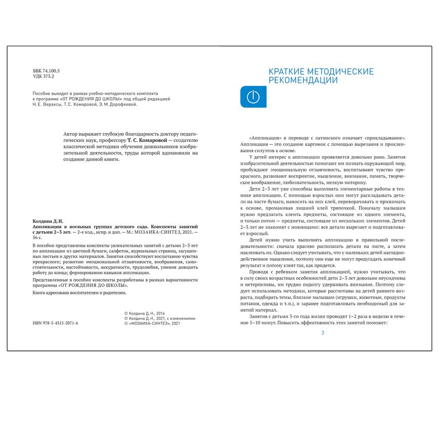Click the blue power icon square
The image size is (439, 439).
pos(253,97)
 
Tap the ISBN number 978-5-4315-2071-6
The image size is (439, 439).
pos(55,323)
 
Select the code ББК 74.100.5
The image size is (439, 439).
pos(46,71)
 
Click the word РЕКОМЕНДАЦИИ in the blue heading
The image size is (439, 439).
pos(303,81)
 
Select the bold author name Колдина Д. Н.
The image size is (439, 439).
pos(48,221)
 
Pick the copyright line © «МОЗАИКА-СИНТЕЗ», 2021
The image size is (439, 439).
pos(153,323)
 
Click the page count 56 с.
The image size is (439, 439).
pos(38,238)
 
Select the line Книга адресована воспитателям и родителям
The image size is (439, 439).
pos(79,293)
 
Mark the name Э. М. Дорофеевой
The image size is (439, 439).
pos(120,104)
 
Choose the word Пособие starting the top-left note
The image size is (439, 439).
pos(41,92)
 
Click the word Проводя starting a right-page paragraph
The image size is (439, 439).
pos(259,272)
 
